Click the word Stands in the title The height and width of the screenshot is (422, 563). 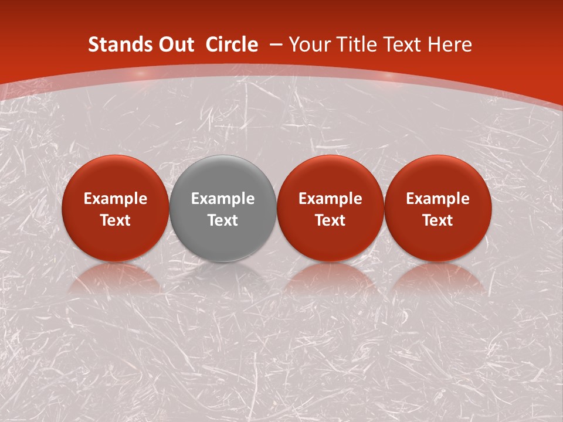pyautogui.click(x=115, y=45)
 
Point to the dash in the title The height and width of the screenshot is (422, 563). pyautogui.click(x=276, y=45)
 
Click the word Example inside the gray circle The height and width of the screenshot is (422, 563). pyautogui.click(x=223, y=199)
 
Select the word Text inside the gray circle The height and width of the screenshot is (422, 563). pyautogui.click(x=223, y=220)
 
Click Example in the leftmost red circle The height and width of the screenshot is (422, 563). pyautogui.click(x=116, y=199)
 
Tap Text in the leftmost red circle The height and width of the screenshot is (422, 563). pyautogui.click(x=116, y=220)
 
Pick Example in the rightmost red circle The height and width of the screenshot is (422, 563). pyautogui.click(x=437, y=199)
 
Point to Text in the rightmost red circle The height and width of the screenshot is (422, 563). pyautogui.click(x=437, y=220)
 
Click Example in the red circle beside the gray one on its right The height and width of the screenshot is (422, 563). pyautogui.click(x=330, y=199)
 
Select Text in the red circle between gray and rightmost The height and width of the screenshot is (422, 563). pyautogui.click(x=330, y=220)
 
